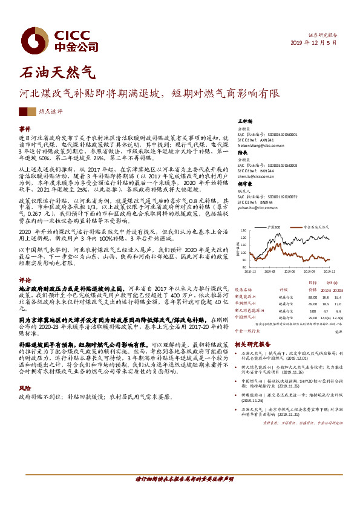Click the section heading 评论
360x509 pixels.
point(25,280)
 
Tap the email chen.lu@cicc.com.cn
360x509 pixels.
point(254,176)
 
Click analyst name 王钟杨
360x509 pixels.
point(244,122)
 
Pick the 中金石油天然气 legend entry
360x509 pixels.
point(319,226)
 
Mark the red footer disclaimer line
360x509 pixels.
point(180,479)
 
